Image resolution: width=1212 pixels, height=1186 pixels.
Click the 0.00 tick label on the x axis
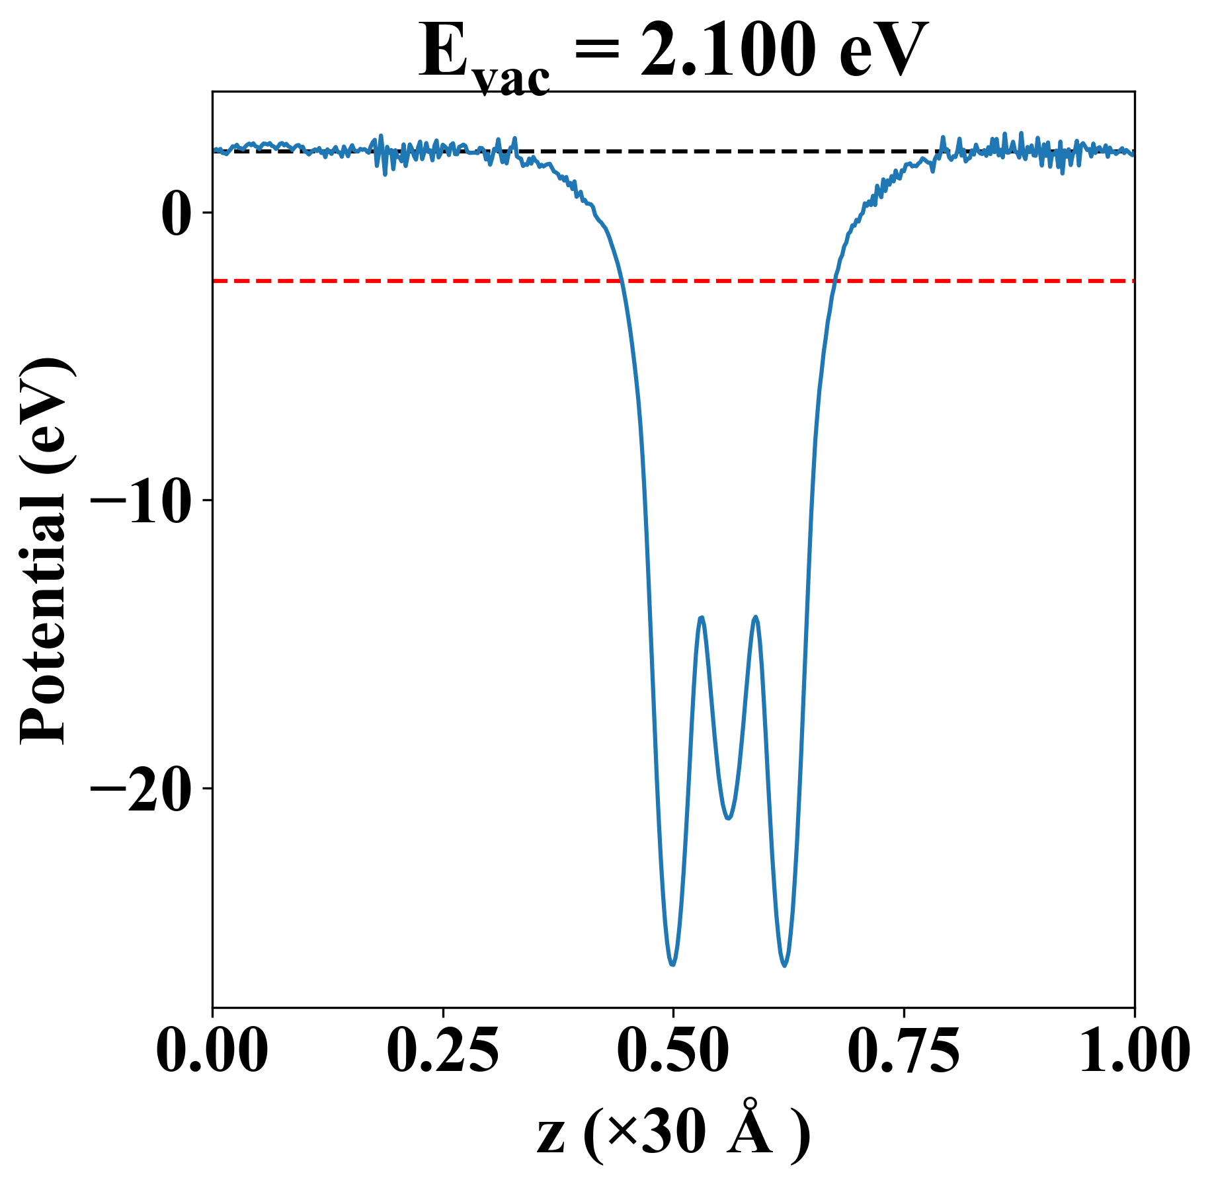point(212,1050)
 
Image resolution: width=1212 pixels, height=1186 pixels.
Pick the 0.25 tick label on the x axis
point(442,1050)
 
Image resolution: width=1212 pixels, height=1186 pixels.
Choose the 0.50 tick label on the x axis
point(673,1050)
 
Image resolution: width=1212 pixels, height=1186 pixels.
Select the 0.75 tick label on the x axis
point(903,1050)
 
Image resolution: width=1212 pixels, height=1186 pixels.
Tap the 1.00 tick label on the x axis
point(1133,1050)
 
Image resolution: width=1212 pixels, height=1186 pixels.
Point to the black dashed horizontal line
point(727,151)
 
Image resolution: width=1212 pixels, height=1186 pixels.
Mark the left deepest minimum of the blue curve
point(672,965)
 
